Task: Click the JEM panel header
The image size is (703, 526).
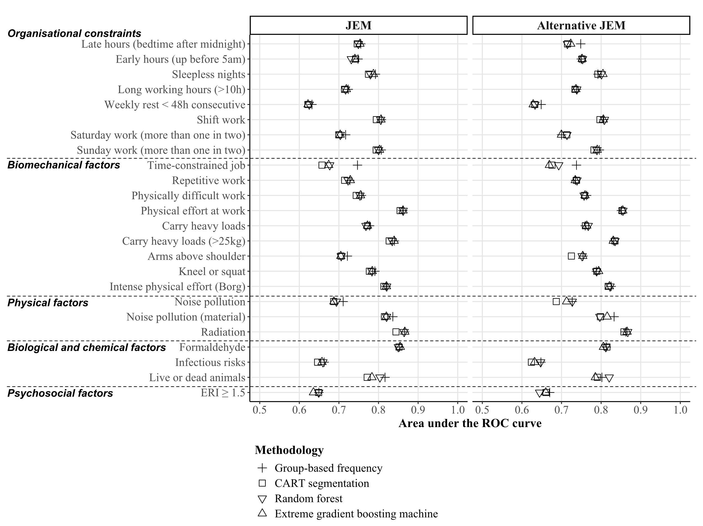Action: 358,25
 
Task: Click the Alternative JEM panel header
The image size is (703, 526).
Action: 581,25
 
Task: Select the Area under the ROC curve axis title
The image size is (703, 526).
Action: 470,423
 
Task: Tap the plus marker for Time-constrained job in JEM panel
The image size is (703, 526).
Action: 357,165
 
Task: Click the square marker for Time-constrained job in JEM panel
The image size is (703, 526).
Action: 322,165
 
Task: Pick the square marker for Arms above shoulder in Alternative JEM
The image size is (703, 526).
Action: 571,256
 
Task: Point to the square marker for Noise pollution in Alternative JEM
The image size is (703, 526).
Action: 556,302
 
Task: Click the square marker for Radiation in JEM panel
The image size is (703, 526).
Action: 396,332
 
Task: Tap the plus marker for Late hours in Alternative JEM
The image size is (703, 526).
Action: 581,44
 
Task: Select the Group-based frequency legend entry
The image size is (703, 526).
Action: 328,468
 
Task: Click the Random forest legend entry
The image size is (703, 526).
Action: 308,498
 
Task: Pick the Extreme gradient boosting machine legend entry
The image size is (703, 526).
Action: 356,514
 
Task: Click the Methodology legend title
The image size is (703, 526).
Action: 289,450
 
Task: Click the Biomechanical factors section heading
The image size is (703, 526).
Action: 64,165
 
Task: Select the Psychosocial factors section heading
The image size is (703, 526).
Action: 60,393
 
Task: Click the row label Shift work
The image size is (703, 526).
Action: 221,120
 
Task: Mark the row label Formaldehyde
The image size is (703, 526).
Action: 212,347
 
